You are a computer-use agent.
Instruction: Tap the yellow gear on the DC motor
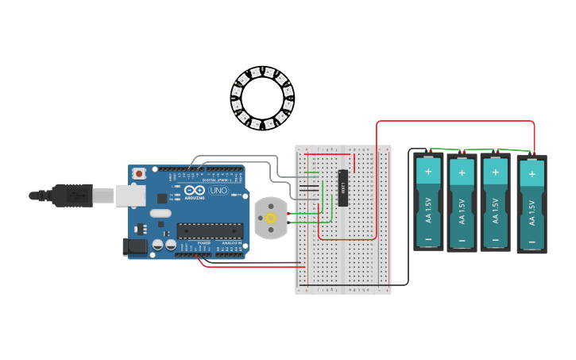(x=270, y=218)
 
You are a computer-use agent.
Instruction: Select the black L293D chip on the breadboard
(x=342, y=188)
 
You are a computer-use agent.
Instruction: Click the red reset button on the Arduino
(x=139, y=172)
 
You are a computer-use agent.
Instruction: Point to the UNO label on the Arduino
(x=218, y=191)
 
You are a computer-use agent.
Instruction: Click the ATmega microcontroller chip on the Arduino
(x=209, y=230)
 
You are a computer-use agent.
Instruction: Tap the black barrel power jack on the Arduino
(x=135, y=246)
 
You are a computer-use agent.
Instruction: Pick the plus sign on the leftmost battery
(x=428, y=171)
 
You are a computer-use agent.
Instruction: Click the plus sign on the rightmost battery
(x=532, y=174)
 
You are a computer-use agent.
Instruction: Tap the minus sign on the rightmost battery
(x=532, y=242)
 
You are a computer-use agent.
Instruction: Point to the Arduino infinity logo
(x=195, y=191)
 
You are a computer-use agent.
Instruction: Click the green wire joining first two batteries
(x=445, y=149)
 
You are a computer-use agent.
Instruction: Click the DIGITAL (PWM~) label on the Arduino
(x=215, y=180)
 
